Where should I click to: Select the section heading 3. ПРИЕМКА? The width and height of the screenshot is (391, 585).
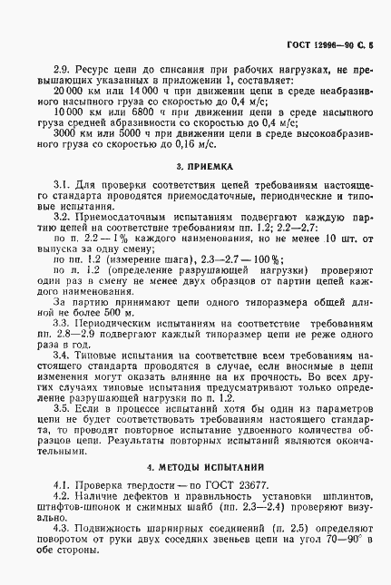(204, 168)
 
